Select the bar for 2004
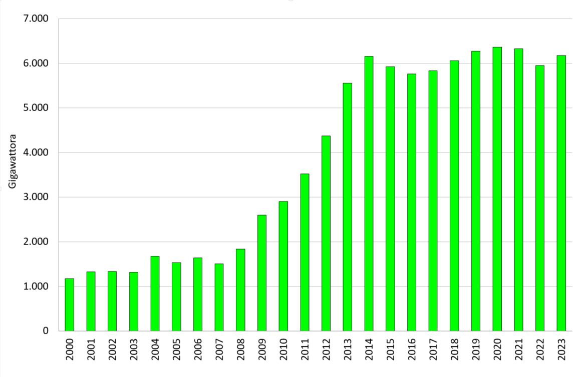point(155,293)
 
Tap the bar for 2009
point(262,273)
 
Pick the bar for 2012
point(326,233)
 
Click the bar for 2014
point(369,193)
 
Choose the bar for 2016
point(412,202)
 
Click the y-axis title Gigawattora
point(14,160)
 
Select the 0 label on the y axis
point(46,331)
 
